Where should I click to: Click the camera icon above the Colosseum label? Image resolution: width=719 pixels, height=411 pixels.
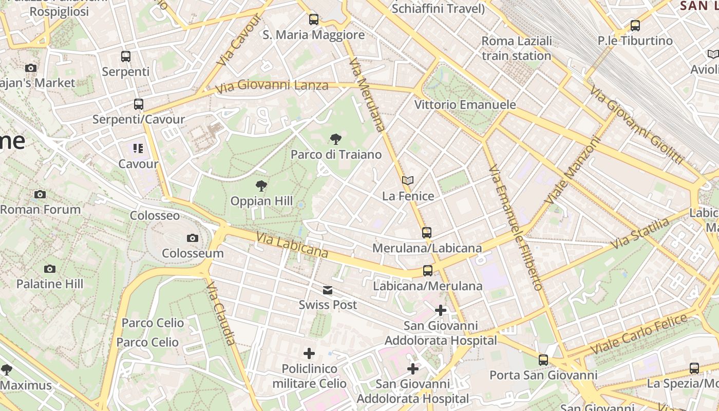pos(193,238)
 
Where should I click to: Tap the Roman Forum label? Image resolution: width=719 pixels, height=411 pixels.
pos(41,210)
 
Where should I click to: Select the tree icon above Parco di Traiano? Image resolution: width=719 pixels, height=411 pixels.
pos(336,139)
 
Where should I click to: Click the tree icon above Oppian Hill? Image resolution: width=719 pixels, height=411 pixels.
pos(261,186)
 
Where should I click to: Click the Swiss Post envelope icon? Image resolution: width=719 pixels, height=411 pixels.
pos(328,290)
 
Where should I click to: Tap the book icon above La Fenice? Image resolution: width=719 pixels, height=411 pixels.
pos(408,181)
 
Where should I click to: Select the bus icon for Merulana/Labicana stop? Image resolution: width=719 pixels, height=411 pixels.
pos(427,233)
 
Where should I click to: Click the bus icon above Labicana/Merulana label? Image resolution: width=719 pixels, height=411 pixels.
pos(428,271)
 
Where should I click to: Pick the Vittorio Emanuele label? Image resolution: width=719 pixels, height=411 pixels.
pos(465,105)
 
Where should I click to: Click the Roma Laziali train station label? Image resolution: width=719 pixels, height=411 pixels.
pos(517,48)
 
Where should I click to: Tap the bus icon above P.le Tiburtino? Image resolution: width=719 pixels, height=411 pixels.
pos(635,25)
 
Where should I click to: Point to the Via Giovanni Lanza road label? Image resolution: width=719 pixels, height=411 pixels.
pos(272,86)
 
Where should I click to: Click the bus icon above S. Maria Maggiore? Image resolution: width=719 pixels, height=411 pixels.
pos(314,20)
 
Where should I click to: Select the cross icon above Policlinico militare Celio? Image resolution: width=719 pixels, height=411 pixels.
pos(309,353)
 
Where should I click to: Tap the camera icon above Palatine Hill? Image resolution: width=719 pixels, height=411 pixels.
pos(50,269)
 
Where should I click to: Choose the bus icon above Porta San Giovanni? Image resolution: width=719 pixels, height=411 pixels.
pos(543,360)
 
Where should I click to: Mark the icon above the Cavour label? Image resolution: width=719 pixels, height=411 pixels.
pos(138,149)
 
